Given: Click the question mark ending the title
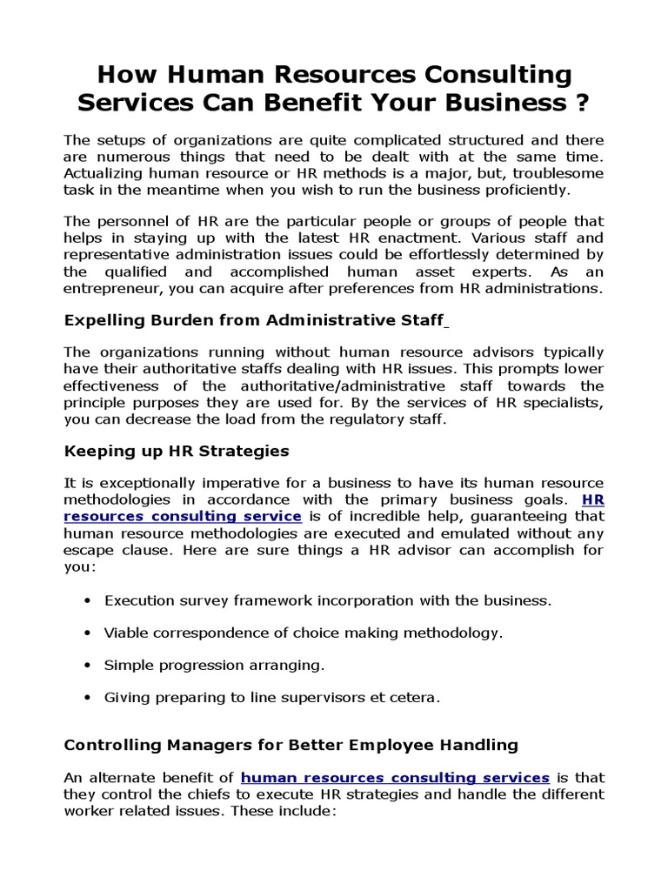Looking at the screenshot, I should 579,103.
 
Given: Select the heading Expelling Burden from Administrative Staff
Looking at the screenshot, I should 254,320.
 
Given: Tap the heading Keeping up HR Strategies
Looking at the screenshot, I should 177,452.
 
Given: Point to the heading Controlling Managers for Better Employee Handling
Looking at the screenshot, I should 291,745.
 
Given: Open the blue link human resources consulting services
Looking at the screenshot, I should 395,777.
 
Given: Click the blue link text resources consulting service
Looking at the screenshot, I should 183,516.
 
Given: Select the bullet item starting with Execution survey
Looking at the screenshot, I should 328,600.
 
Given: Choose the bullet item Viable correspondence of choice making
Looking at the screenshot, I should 304,633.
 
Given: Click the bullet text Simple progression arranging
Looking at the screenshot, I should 214,665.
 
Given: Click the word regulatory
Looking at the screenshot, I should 339,419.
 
